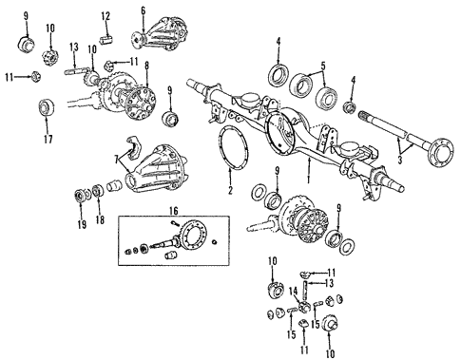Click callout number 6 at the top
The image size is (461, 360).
click(x=144, y=10)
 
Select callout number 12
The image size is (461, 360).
click(x=106, y=15)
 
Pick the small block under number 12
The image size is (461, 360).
click(x=107, y=38)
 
